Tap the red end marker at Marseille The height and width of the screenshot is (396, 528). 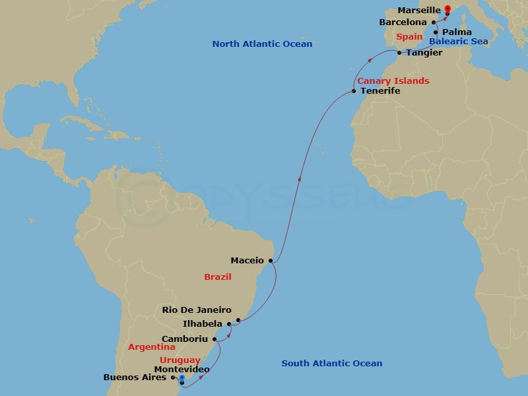pyautogui.click(x=448, y=9)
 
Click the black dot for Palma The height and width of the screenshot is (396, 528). pyautogui.click(x=436, y=32)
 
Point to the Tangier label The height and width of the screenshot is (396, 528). pyautogui.click(x=424, y=52)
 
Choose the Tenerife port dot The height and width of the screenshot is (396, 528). pyautogui.click(x=354, y=91)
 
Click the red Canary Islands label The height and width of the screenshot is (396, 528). pyautogui.click(x=393, y=81)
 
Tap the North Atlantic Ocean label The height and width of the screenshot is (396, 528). pyautogui.click(x=262, y=44)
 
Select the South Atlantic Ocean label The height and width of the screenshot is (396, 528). pyautogui.click(x=331, y=363)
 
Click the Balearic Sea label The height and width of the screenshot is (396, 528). pyautogui.click(x=458, y=41)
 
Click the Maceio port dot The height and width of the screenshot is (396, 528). pyautogui.click(x=271, y=261)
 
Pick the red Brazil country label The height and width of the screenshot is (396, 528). pyautogui.click(x=217, y=277)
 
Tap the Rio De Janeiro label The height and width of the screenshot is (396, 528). pyautogui.click(x=197, y=310)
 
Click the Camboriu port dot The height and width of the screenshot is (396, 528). pyautogui.click(x=214, y=339)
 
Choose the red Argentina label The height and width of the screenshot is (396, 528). pyautogui.click(x=152, y=346)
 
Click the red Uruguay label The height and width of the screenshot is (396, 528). pyautogui.click(x=180, y=360)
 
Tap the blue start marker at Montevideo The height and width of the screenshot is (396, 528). pyautogui.click(x=181, y=378)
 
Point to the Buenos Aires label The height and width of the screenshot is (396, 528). pyautogui.click(x=135, y=378)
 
